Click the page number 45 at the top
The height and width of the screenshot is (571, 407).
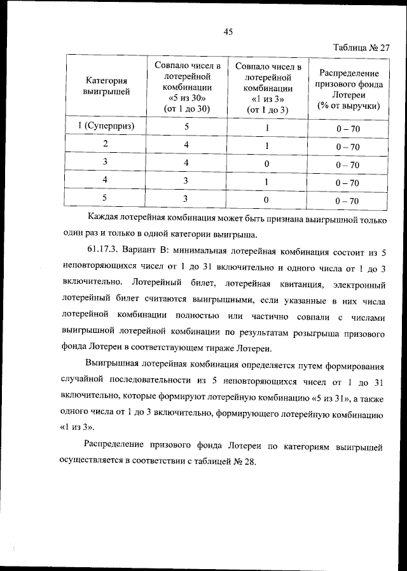[229, 32]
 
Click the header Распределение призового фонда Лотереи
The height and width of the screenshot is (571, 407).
[348, 89]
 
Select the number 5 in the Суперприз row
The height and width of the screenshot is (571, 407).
[187, 127]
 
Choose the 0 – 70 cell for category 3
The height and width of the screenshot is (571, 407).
[348, 165]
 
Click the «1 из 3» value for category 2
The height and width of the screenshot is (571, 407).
[268, 145]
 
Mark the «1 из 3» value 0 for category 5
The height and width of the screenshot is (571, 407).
[267, 200]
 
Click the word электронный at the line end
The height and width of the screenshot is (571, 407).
[355, 281]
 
